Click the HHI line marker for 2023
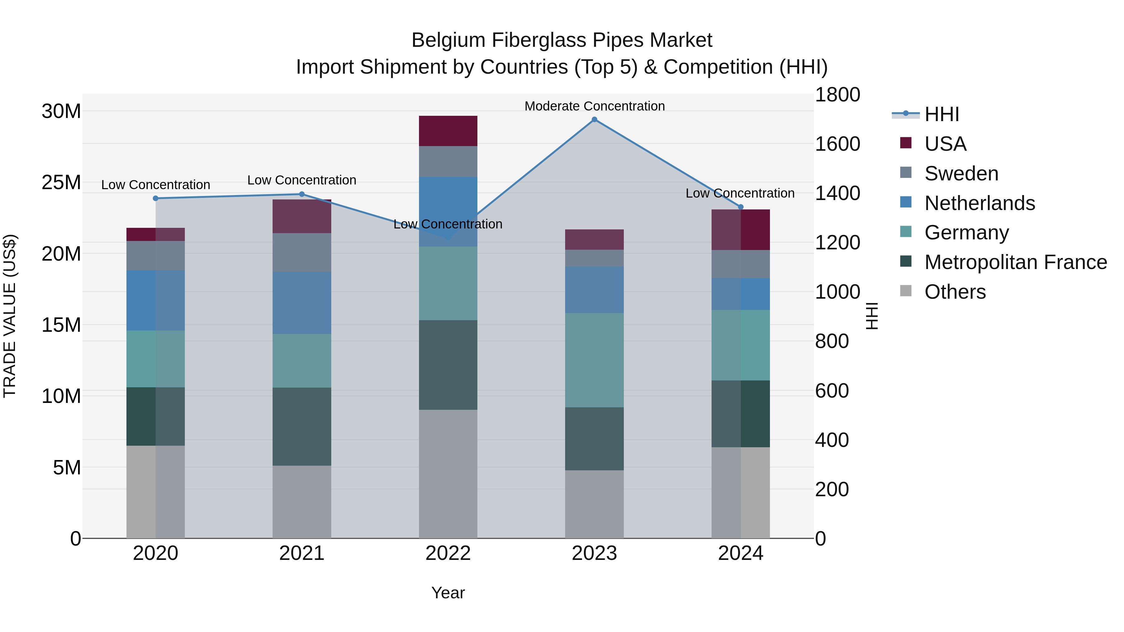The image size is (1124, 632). coord(594,120)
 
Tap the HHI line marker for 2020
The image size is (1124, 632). coord(156,198)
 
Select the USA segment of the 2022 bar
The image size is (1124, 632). coord(448,131)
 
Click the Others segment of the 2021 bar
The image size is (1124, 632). coord(302,502)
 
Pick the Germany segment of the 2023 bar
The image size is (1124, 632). coord(594,360)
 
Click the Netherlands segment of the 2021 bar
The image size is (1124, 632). coord(302,303)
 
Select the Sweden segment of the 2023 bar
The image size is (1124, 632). coord(594,258)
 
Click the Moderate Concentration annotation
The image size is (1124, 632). coord(594,106)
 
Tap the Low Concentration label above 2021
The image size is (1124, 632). coord(302,180)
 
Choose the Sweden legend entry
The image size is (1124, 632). coord(961,174)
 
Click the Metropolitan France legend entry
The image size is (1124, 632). coord(1015,262)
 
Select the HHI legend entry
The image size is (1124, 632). coord(942,114)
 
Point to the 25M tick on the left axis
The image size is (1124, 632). coord(61,182)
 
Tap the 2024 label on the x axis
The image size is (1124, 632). coord(741,553)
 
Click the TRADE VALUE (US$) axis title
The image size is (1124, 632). coord(10,316)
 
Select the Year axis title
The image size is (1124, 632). coord(448,593)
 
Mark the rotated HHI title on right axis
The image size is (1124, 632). coord(871,316)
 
